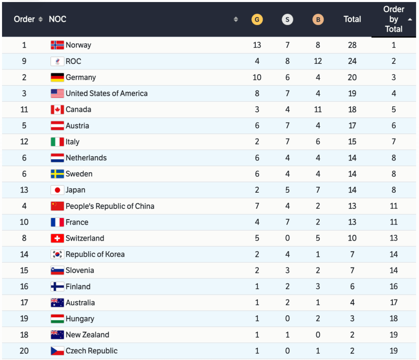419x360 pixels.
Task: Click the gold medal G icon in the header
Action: point(257,19)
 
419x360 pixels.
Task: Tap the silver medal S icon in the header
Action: point(288,19)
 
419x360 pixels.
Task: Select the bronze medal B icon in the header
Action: point(318,19)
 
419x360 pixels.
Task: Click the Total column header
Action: point(352,19)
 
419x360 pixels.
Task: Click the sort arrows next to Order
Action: point(40,19)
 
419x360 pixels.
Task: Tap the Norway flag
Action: point(57,45)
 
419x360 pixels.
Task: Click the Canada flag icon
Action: point(57,110)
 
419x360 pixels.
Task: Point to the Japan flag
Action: point(57,190)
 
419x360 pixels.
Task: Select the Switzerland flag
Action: point(57,238)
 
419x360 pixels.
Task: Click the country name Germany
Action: point(81,77)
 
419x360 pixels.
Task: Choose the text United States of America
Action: point(106,93)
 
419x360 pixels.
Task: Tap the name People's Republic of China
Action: point(110,206)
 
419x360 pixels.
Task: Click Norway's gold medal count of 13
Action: point(257,45)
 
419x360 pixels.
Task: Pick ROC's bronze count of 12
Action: point(318,61)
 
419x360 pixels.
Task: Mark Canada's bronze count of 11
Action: point(318,110)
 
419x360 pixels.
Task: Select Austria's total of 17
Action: point(352,126)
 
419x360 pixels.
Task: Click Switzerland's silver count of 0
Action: point(288,238)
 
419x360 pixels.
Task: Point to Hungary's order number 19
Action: point(24,319)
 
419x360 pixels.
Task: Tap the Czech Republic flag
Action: point(57,351)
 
